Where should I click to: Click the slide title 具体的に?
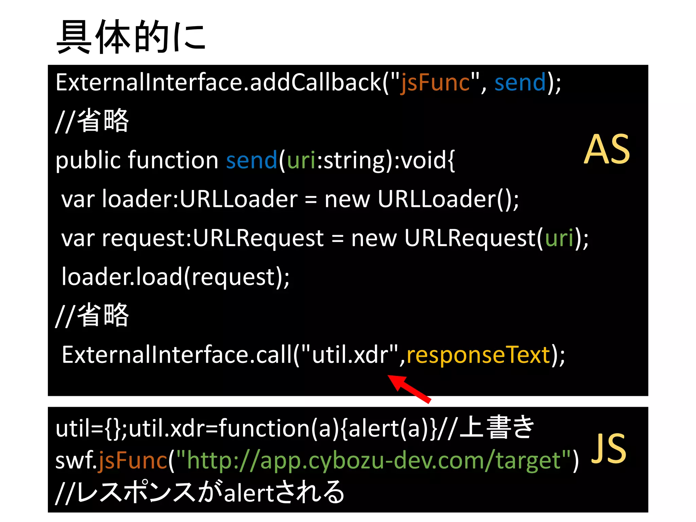(x=131, y=37)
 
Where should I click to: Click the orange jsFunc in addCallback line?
(x=435, y=83)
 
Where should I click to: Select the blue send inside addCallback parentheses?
(x=520, y=83)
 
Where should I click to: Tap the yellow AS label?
(x=607, y=150)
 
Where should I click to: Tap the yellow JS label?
(x=608, y=449)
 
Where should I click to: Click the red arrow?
(x=410, y=389)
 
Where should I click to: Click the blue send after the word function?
(x=251, y=160)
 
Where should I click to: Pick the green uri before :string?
(x=301, y=160)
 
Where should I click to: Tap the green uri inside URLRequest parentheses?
(x=559, y=238)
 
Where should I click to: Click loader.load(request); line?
(x=175, y=277)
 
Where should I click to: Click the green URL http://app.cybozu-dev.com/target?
(x=374, y=461)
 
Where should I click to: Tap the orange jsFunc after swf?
(x=133, y=461)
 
